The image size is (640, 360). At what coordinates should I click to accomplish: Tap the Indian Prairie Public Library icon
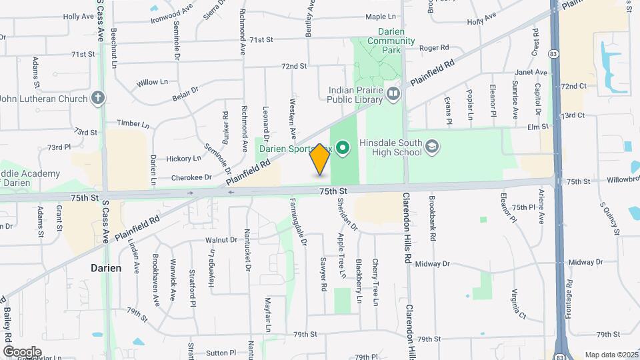tap(393, 94)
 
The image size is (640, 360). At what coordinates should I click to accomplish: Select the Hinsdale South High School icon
tap(431, 147)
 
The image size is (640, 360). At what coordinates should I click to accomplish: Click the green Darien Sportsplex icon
tap(343, 147)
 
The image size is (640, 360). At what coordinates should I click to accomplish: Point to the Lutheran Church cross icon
tap(98, 99)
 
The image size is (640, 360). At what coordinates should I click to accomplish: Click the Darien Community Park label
tap(377, 40)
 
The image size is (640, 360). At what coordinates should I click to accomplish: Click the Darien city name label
tap(106, 268)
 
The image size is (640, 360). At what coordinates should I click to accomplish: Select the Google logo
tap(22, 351)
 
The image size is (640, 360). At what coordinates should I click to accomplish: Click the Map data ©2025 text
tap(610, 355)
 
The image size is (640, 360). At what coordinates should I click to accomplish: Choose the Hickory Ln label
tap(183, 159)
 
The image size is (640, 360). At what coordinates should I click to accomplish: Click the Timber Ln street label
tap(133, 124)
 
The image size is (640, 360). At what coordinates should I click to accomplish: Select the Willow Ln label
tap(152, 82)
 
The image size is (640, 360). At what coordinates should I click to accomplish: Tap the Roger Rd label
tap(434, 48)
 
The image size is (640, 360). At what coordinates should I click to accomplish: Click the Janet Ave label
tap(531, 73)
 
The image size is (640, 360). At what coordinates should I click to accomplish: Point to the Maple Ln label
tap(381, 17)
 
